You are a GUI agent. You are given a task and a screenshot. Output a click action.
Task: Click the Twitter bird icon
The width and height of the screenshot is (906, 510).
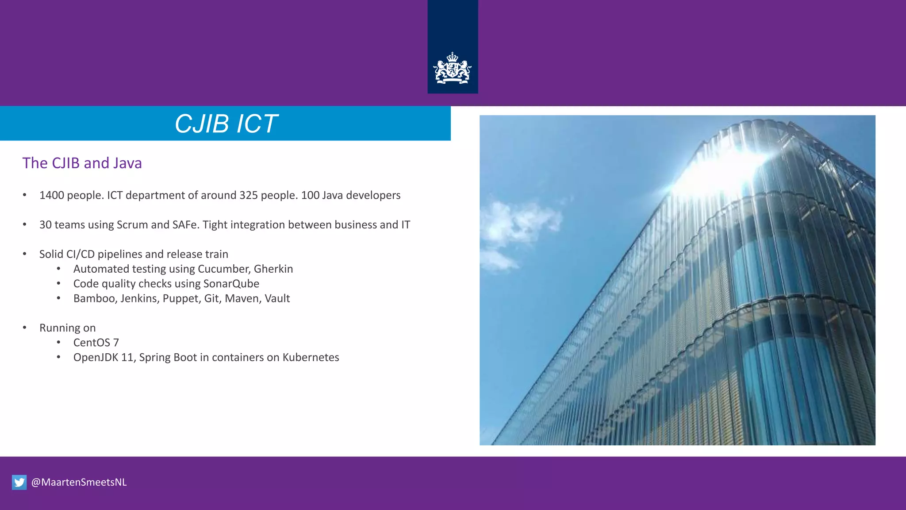(x=19, y=482)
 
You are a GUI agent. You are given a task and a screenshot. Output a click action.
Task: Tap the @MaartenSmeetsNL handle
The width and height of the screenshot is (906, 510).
(x=79, y=482)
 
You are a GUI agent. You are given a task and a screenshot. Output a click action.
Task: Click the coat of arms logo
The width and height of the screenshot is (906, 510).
(x=452, y=69)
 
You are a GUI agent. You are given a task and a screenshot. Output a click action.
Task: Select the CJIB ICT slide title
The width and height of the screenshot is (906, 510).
(x=226, y=124)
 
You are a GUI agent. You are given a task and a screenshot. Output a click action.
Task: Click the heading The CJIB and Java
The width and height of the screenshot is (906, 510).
(x=82, y=163)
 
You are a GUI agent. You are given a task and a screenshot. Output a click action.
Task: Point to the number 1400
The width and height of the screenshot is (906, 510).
(x=51, y=195)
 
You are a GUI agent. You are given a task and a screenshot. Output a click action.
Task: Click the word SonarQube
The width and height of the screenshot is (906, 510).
(x=231, y=284)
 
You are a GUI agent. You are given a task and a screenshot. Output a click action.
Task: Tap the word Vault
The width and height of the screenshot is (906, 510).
(x=277, y=298)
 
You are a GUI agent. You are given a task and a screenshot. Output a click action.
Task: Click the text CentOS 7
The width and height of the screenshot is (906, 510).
(x=96, y=343)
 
